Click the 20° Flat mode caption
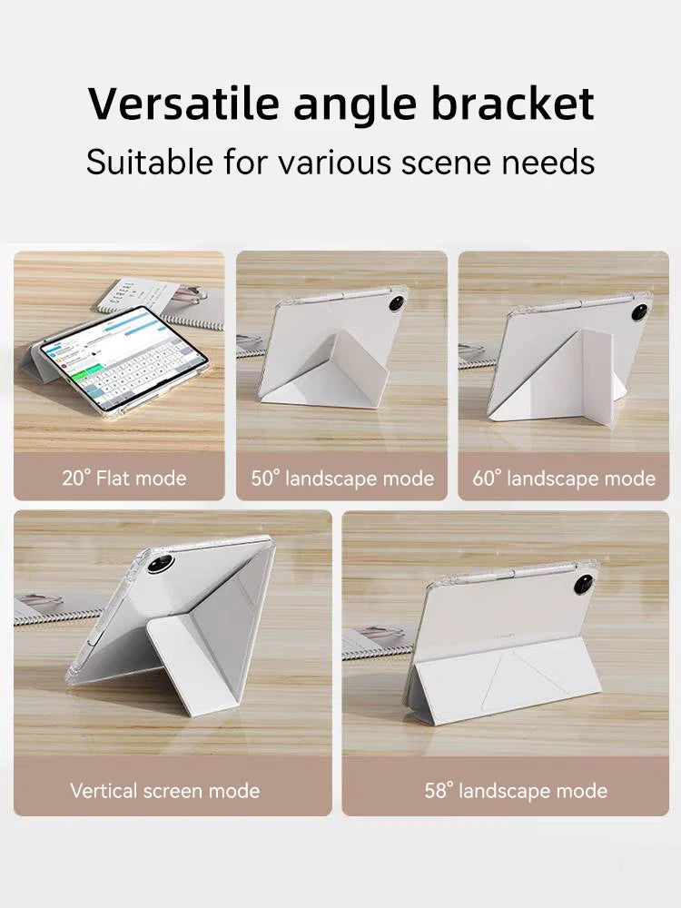point(124,478)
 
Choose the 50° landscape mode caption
point(342,478)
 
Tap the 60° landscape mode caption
point(564,478)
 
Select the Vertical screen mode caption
point(164,790)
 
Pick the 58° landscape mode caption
point(516,790)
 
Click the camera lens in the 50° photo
point(397,303)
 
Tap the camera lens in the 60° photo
point(640,311)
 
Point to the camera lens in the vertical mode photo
point(161,563)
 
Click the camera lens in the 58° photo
point(583,584)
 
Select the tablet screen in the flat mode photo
point(123,356)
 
